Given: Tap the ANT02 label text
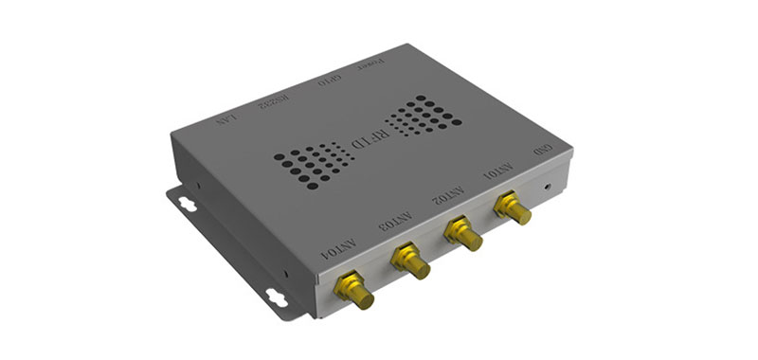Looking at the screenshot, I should coord(448,196).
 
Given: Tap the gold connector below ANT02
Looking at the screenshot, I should coord(463,233).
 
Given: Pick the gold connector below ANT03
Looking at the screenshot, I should coord(410,260).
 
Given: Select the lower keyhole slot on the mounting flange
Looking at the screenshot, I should coord(278,296).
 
